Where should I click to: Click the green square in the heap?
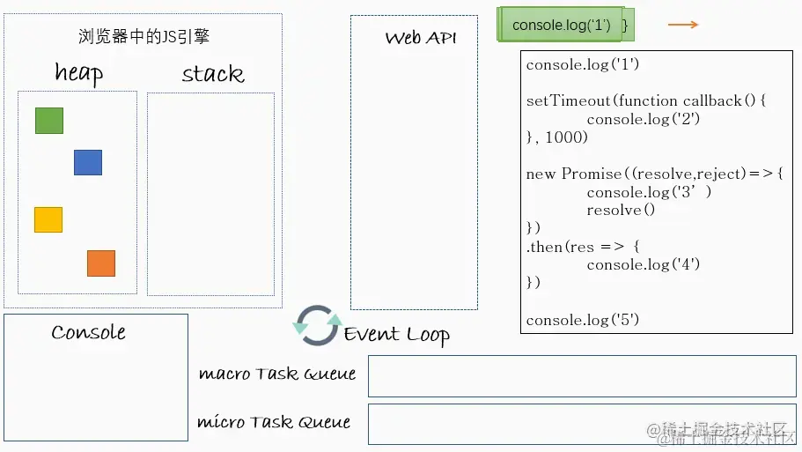49,121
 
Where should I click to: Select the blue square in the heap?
88,163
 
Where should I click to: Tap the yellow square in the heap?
48,219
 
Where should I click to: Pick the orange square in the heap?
101,263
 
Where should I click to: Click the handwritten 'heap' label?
78,73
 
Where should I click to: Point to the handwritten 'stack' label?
212,74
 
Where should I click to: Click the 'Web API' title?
421,38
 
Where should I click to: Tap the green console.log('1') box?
562,26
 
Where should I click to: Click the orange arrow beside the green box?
683,25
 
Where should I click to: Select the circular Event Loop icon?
317,325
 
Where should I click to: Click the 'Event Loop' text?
397,334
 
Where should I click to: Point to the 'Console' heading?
88,332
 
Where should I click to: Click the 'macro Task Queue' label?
277,374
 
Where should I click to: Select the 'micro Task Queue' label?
274,422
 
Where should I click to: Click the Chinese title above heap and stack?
143,37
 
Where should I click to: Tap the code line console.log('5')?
583,320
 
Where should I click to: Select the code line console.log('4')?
644,264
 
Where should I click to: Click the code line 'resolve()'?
622,211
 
